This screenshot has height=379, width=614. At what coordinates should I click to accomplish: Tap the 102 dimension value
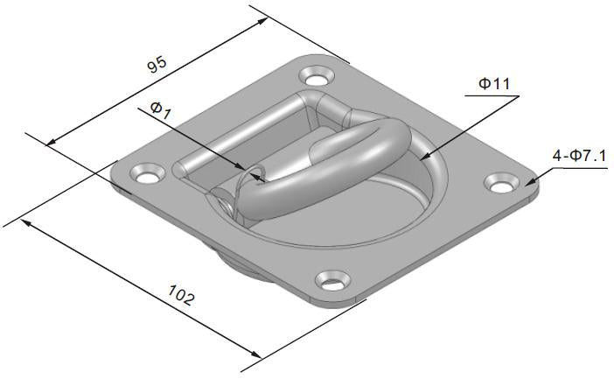click(179, 298)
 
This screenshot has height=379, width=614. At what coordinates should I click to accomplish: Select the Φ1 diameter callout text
click(161, 109)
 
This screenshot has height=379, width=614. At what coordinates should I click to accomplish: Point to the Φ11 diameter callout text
click(493, 84)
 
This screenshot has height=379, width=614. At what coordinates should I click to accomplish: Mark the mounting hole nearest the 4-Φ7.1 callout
click(499, 184)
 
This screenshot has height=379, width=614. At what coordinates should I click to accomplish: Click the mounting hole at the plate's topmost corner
click(313, 76)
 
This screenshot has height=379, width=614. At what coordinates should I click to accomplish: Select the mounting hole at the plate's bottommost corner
click(331, 282)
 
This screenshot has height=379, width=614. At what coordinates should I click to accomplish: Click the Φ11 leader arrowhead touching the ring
click(426, 158)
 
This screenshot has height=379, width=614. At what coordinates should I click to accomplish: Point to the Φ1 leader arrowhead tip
click(262, 179)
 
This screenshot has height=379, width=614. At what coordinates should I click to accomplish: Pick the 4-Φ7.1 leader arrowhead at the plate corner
click(533, 181)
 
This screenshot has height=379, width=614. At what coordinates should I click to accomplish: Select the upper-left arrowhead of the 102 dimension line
click(25, 223)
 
